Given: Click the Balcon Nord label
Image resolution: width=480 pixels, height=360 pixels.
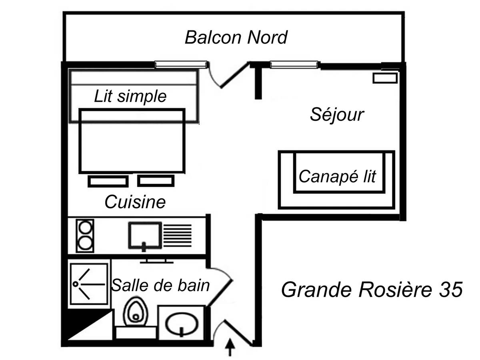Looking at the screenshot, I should [x=236, y=38].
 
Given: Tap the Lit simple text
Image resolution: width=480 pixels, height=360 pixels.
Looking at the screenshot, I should [x=130, y=96].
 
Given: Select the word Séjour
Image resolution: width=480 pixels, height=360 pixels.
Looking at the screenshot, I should [x=337, y=115].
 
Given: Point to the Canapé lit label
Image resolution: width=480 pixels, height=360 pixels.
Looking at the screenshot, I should [x=338, y=176].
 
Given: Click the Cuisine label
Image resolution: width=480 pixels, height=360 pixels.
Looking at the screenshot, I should [x=135, y=202].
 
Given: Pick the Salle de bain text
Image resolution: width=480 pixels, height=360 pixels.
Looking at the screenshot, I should [x=160, y=286].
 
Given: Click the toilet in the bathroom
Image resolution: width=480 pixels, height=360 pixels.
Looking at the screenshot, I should [x=135, y=312].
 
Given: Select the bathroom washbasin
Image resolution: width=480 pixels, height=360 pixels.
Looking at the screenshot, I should [x=182, y=323].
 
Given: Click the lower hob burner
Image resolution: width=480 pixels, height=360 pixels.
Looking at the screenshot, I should [x=85, y=243].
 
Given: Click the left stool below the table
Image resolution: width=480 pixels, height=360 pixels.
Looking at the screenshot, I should [x=108, y=181].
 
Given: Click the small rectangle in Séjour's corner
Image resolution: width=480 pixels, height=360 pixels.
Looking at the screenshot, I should [x=385, y=78].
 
